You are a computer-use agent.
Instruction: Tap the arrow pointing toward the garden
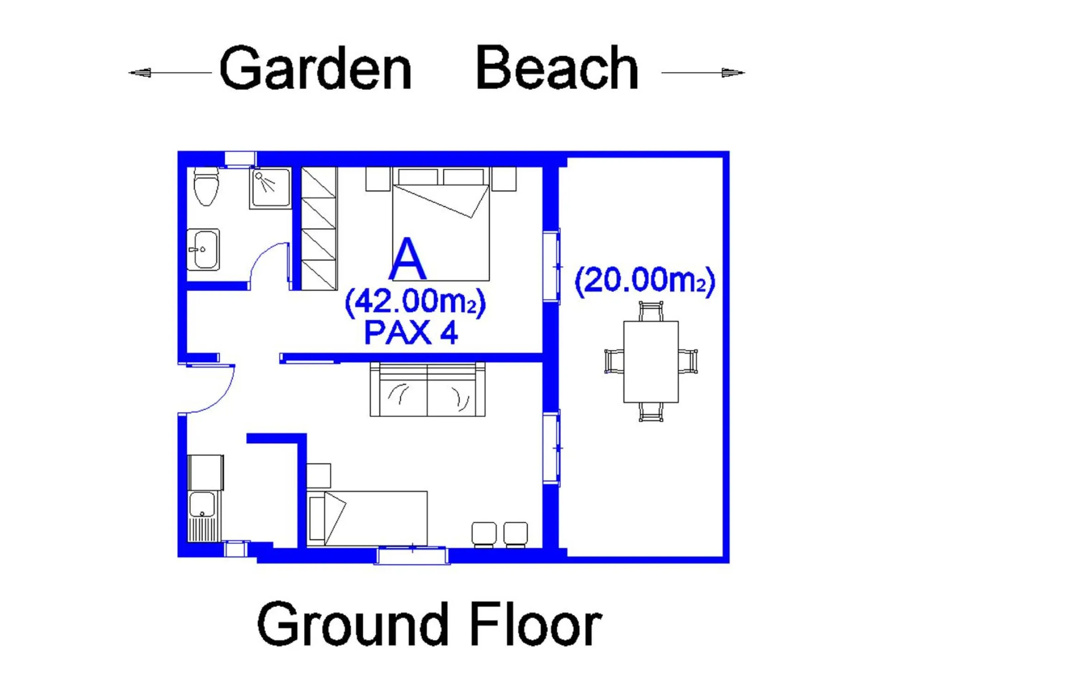point(140,73)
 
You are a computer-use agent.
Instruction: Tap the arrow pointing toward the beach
point(733,73)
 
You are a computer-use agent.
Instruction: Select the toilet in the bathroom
point(205,187)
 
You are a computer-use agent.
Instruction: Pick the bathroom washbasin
point(203,249)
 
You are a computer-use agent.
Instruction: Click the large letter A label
point(407,260)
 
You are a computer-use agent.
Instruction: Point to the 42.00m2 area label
point(415,303)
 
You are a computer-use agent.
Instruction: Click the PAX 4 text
point(411,333)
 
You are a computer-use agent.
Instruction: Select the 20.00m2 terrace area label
point(644,281)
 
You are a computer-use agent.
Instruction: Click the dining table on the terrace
point(650,362)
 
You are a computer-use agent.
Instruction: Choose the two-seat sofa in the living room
point(427,390)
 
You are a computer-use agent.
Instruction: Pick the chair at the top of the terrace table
point(650,311)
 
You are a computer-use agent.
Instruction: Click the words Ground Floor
point(429,625)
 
